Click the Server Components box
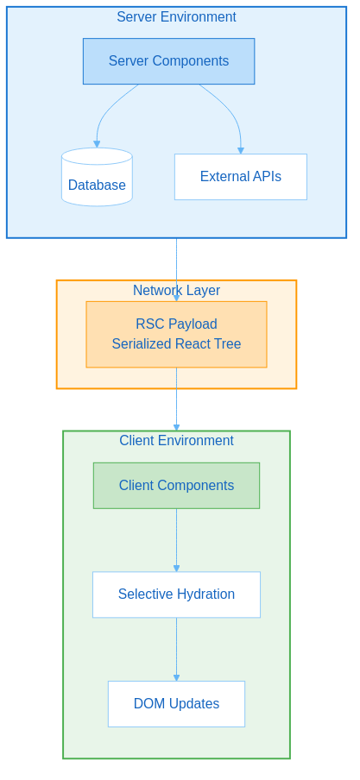point(168,61)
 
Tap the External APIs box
point(240,177)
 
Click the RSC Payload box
point(176,334)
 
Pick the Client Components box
point(176,486)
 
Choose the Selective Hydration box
point(176,594)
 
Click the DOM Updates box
point(176,704)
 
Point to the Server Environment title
point(176,17)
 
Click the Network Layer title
point(176,291)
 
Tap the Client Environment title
point(176,441)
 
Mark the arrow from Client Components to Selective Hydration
point(176,539)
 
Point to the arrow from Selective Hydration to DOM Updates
point(176,649)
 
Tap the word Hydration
point(206,594)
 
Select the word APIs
point(264,177)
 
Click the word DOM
point(148,704)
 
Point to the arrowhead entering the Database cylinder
point(97,144)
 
